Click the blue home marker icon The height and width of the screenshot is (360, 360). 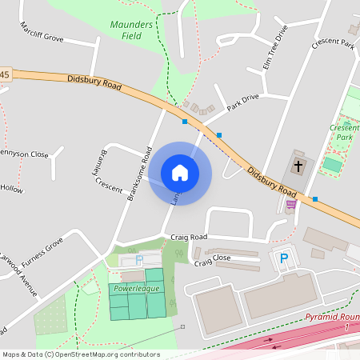point(179,172)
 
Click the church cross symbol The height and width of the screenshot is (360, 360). point(298,166)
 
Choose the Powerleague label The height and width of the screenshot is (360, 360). point(136,287)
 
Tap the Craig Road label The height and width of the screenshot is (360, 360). point(189,238)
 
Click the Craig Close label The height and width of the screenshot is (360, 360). point(212,259)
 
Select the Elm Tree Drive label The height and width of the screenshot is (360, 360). point(274,47)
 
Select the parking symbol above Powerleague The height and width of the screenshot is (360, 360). point(139,260)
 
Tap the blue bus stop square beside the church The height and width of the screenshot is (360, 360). point(315,198)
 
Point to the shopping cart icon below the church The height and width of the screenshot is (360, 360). point(290,204)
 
